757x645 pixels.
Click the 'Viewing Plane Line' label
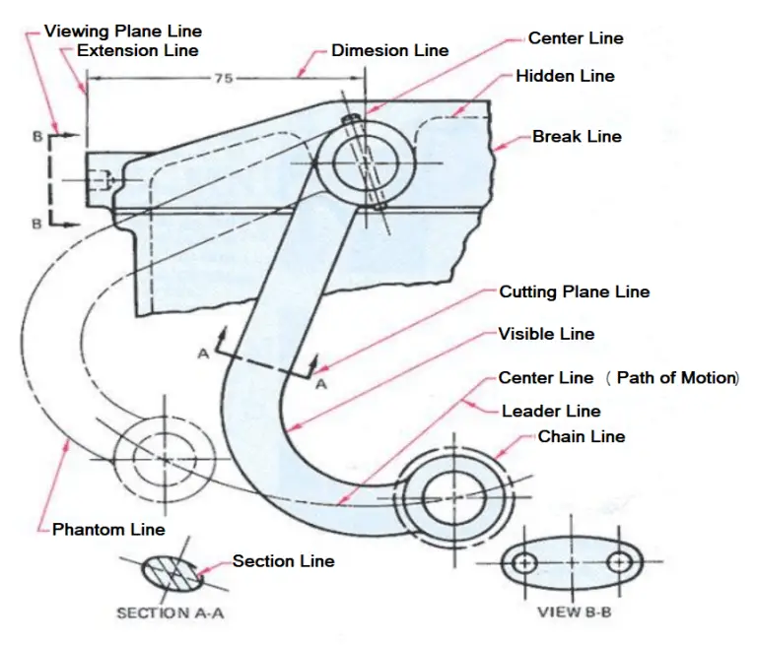pos(122,32)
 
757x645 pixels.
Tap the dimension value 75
pos(224,78)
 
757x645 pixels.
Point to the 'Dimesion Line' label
pos(389,50)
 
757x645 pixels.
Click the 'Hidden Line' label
pos(565,76)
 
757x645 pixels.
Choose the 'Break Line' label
pos(577,136)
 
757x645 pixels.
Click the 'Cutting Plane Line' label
pos(574,291)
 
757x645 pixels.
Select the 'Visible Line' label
pos(546,334)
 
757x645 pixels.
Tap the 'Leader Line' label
pos(551,411)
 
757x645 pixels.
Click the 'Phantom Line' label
pos(108,530)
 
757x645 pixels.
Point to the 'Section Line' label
pos(283,561)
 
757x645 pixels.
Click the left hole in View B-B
pos(525,564)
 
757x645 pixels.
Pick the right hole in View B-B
pos(619,564)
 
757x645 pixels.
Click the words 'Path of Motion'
pos(676,378)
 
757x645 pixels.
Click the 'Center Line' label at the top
pos(576,38)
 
